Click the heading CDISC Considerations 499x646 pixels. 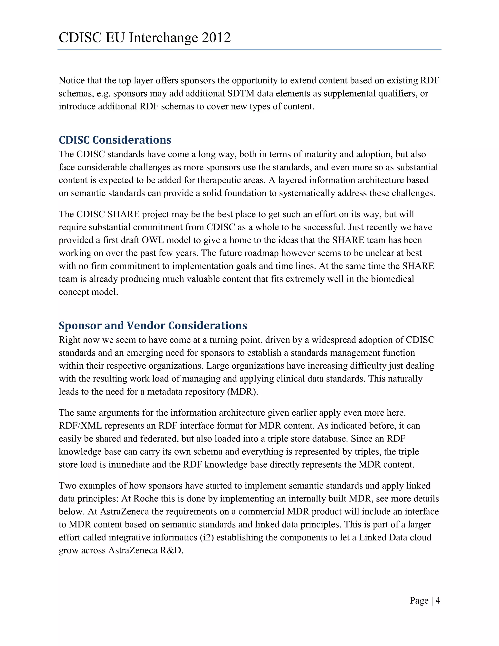click(x=115, y=140)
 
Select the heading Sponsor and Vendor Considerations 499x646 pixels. click(x=153, y=325)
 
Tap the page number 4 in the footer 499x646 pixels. click(x=438, y=600)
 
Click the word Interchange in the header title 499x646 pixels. click(x=163, y=38)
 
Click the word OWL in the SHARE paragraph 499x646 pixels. click(x=153, y=240)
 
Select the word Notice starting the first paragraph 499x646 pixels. click(x=72, y=80)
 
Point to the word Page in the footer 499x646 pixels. click(x=419, y=600)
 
